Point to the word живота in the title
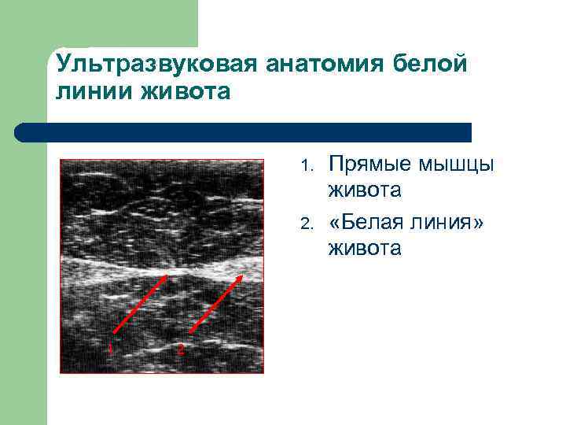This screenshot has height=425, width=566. [x=186, y=92]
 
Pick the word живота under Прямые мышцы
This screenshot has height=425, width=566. [x=365, y=190]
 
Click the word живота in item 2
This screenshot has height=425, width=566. [x=365, y=249]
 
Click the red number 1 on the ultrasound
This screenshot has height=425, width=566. [x=111, y=348]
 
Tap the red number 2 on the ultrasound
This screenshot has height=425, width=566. [x=180, y=348]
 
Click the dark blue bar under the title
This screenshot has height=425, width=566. [x=252, y=132]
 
